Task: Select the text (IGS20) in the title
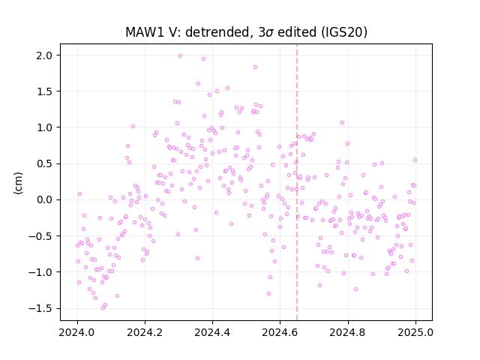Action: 344,32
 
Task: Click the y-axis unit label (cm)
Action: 18,183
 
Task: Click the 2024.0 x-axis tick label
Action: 77,332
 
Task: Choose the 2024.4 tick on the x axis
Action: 212,332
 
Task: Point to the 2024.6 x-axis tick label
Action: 280,332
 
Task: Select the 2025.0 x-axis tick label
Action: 415,332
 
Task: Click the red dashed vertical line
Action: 297,182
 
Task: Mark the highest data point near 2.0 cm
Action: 180,55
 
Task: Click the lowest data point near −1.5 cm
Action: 103,307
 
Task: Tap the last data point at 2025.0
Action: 415,160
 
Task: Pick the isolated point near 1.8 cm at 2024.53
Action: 255,67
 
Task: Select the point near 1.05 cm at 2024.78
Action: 342,122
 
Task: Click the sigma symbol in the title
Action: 270,33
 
